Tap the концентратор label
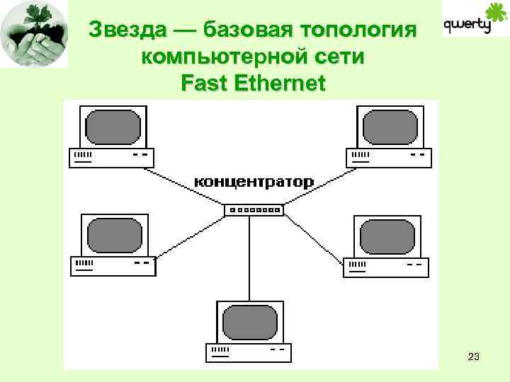pyautogui.click(x=254, y=182)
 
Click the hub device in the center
pyautogui.click(x=254, y=210)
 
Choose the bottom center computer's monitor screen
pyautogui.click(x=251, y=322)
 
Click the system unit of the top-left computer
pyautogui.click(x=110, y=157)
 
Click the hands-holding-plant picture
pyautogui.click(x=34, y=33)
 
